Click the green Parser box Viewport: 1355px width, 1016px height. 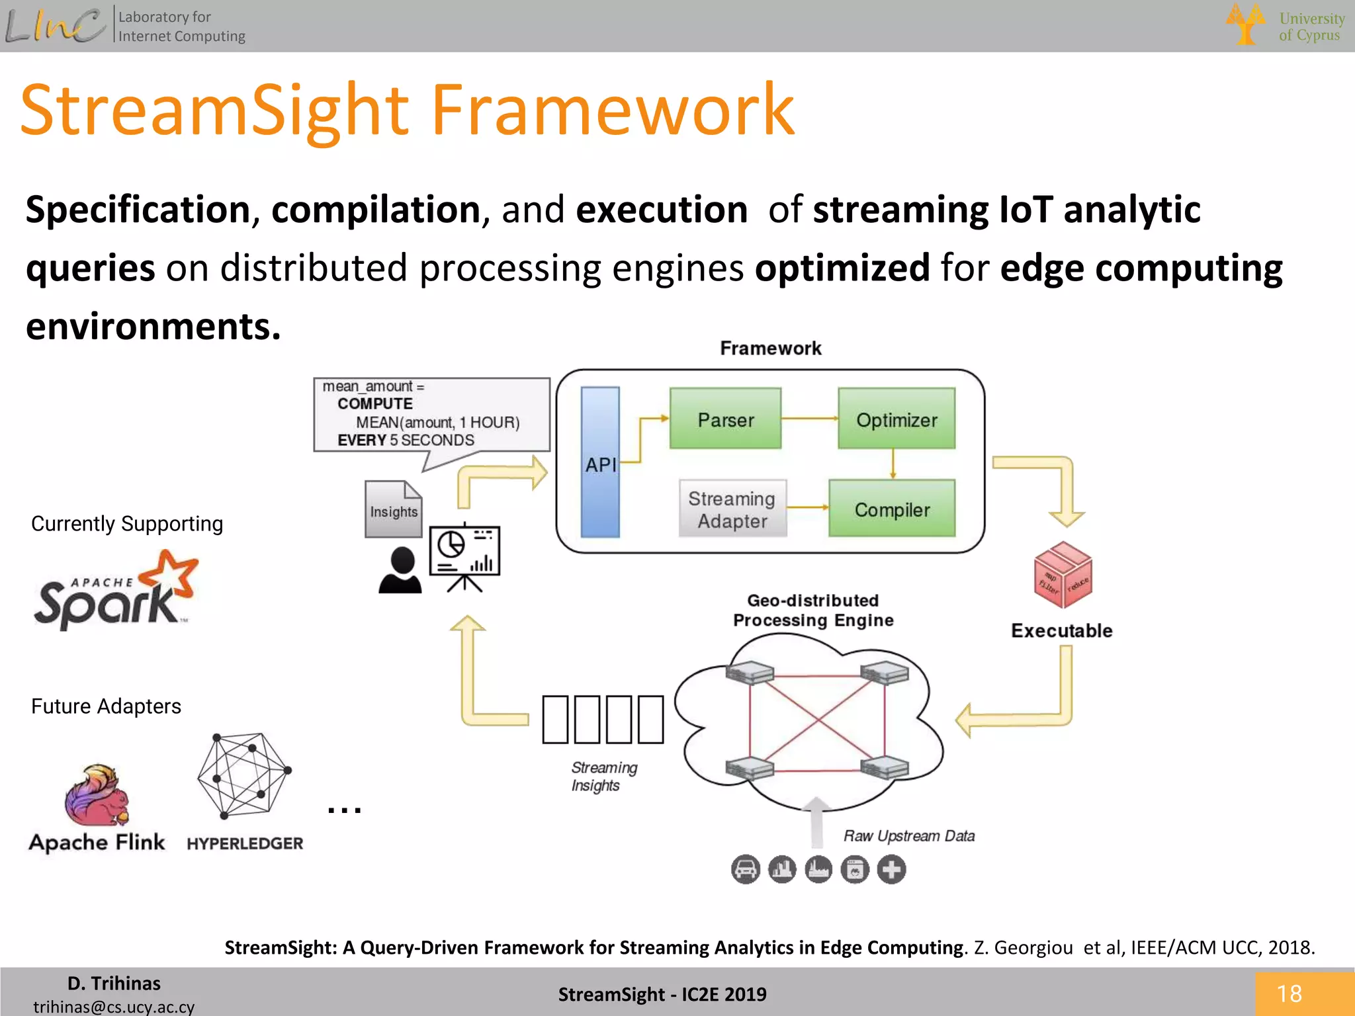pyautogui.click(x=725, y=419)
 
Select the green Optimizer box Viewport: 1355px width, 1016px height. pyautogui.click(x=896, y=419)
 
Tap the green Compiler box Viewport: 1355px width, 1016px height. pyautogui.click(x=892, y=508)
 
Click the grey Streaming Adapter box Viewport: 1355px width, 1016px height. pyautogui.click(x=732, y=509)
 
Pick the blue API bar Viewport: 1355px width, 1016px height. pyautogui.click(x=600, y=462)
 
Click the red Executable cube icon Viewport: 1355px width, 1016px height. pyautogui.click(x=1063, y=575)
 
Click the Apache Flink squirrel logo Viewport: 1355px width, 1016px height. pyautogui.click(x=97, y=796)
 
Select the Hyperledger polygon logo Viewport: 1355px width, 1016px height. pyautogui.click(x=244, y=775)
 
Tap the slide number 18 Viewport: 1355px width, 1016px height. pyautogui.click(x=1289, y=994)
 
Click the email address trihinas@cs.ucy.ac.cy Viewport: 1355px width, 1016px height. pyautogui.click(x=114, y=1006)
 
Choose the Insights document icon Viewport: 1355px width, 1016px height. pyautogui.click(x=394, y=509)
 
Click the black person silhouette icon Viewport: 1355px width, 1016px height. pyautogui.click(x=400, y=570)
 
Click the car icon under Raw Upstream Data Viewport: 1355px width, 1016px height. pyautogui.click(x=745, y=869)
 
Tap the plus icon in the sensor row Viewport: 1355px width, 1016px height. pyautogui.click(x=891, y=869)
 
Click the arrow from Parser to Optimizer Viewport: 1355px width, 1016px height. pyautogui.click(x=809, y=419)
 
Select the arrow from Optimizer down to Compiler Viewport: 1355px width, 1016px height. pyautogui.click(x=893, y=464)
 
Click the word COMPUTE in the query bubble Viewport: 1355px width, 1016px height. pyautogui.click(x=374, y=403)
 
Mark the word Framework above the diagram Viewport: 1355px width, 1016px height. pyautogui.click(x=770, y=348)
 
